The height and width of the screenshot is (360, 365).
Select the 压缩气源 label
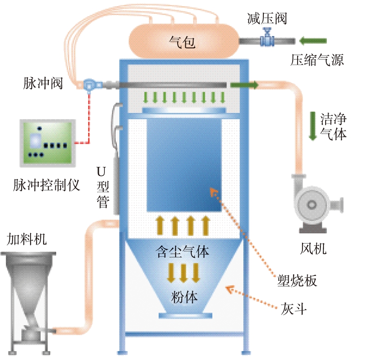pos(317,60)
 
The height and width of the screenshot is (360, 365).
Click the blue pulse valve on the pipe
pos(89,85)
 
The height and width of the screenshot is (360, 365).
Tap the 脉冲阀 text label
pos(43,84)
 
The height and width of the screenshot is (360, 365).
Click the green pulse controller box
pos(47,143)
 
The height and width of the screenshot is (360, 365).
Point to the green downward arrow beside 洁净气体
pos(313,126)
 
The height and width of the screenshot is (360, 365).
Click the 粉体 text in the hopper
pos(184,297)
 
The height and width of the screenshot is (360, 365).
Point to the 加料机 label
pos(27,239)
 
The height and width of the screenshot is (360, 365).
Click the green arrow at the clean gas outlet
pos(244,85)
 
